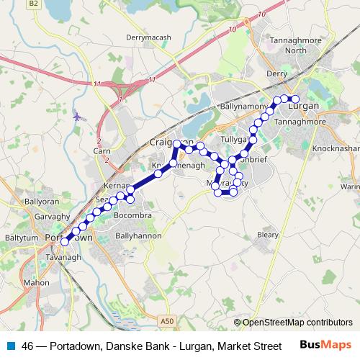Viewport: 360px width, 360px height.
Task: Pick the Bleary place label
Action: (267, 234)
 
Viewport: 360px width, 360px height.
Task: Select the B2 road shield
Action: (33, 4)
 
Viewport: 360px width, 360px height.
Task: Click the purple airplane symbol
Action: (77, 115)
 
